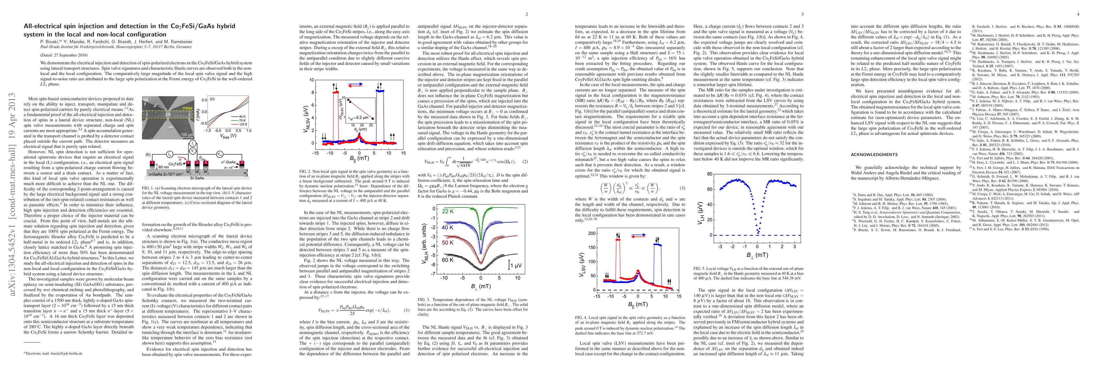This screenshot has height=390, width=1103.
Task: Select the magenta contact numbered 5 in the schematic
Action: click(242, 163)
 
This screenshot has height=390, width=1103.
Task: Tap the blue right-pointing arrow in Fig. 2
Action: click(355, 84)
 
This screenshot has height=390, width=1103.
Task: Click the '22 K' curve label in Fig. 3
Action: click(448, 212)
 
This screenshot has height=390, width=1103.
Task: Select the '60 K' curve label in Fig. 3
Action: click(448, 260)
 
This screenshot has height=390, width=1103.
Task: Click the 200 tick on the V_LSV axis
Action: click(592, 233)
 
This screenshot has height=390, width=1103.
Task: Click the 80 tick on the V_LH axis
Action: click(710, 174)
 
